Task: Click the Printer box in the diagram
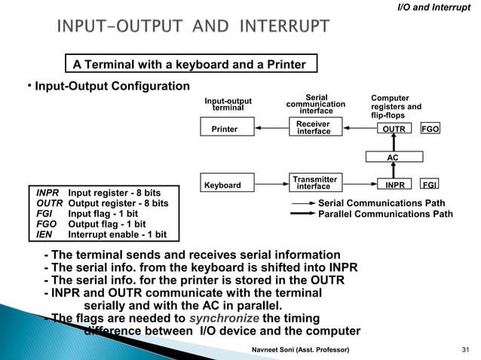tap(225, 129)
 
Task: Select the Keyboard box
tap(223, 185)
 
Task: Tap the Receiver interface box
tap(314, 128)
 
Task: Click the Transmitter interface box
tap(314, 183)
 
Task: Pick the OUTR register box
tap(394, 129)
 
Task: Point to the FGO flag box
tap(430, 129)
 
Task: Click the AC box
tap(393, 157)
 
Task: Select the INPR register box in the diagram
tap(394, 185)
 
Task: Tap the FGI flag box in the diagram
tap(430, 185)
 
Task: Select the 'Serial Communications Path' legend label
tap(381, 203)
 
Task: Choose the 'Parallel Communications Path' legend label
tap(386, 214)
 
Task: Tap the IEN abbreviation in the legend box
tap(45, 235)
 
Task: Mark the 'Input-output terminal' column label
tap(228, 104)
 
